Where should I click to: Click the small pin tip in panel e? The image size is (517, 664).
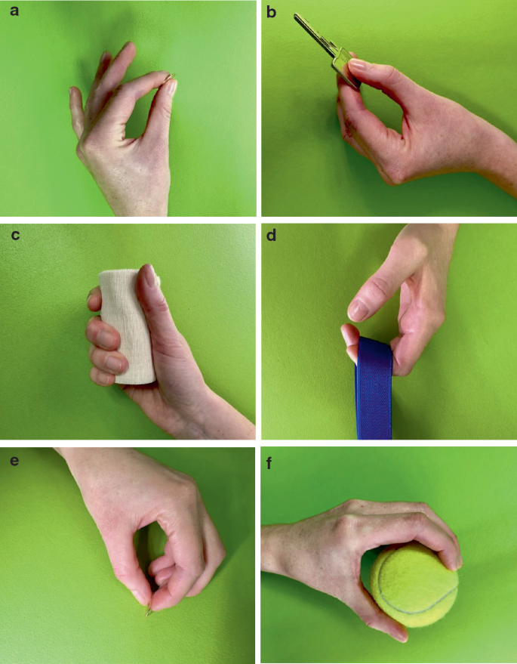tap(149, 613)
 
